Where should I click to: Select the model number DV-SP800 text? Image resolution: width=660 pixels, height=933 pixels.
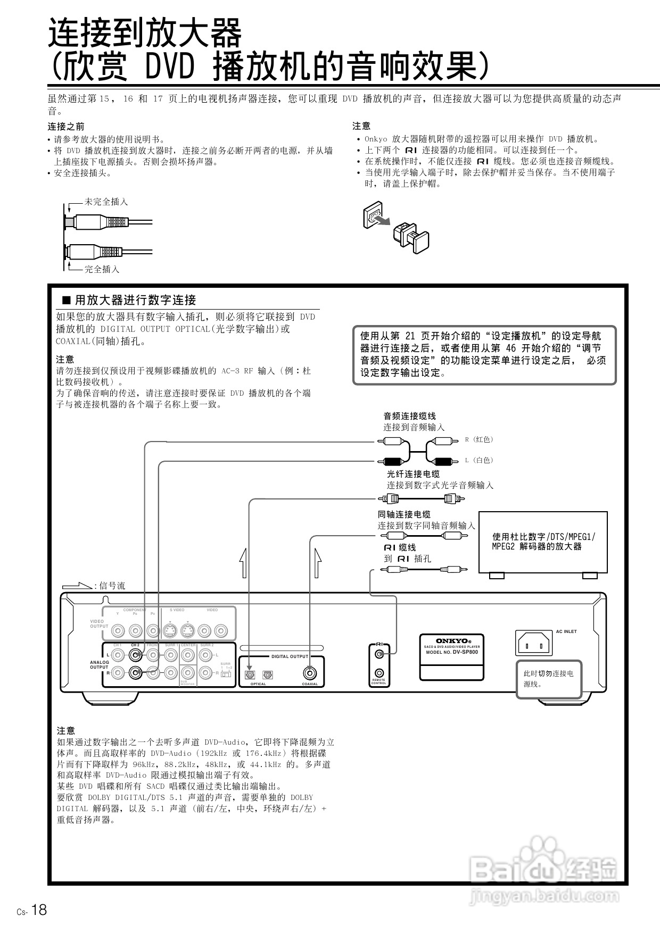pyautogui.click(x=452, y=652)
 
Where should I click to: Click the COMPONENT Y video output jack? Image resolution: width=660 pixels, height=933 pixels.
pyautogui.click(x=118, y=631)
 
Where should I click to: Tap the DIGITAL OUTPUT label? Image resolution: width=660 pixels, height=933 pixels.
pyautogui.click(x=290, y=656)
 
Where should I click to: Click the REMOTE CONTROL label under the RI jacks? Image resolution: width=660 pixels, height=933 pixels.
pyautogui.click(x=379, y=682)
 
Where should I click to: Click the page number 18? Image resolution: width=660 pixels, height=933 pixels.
pyautogui.click(x=39, y=910)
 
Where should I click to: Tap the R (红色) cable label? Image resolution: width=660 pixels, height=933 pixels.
pyautogui.click(x=479, y=439)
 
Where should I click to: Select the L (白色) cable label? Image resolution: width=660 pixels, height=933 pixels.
pyautogui.click(x=479, y=460)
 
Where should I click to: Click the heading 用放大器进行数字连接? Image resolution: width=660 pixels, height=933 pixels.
pyautogui.click(x=135, y=300)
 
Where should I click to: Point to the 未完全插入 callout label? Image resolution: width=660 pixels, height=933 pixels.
pyautogui.click(x=106, y=202)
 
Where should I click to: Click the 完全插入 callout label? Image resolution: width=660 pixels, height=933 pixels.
pyautogui.click(x=102, y=269)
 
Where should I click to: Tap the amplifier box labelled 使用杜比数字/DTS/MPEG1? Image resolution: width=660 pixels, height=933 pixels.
pyautogui.click(x=543, y=542)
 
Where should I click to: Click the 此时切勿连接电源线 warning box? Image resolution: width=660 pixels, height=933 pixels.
pyautogui.click(x=548, y=679)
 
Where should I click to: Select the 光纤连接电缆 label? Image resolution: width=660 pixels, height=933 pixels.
pyautogui.click(x=413, y=474)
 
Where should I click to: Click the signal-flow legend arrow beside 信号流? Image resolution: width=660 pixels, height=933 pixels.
pyautogui.click(x=77, y=586)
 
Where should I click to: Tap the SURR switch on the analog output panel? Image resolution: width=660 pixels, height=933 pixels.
pyautogui.click(x=226, y=673)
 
